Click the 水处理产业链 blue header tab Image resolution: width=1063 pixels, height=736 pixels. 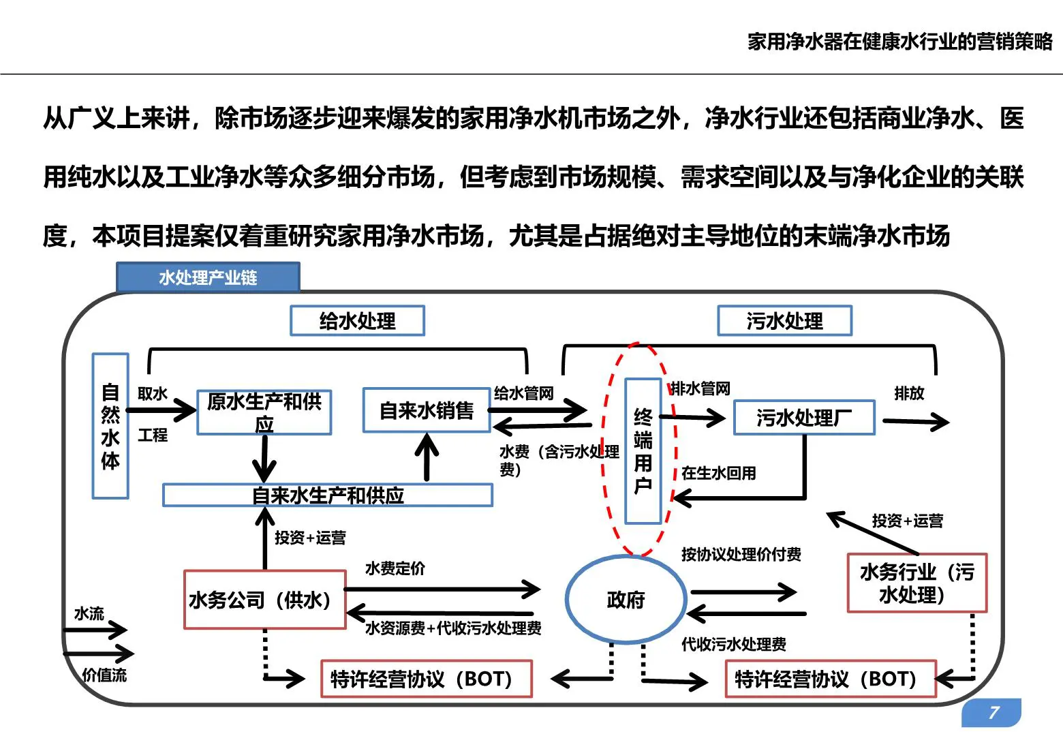click(x=208, y=277)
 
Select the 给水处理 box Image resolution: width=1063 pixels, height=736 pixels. click(x=357, y=321)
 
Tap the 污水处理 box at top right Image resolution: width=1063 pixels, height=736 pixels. click(x=784, y=321)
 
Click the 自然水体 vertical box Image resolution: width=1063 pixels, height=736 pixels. click(x=110, y=426)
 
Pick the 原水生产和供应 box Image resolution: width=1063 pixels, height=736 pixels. click(x=264, y=412)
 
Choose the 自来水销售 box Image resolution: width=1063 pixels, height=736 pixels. click(x=427, y=410)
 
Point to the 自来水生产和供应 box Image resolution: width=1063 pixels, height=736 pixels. click(x=328, y=495)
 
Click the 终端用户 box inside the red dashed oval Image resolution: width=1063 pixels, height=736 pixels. click(x=643, y=451)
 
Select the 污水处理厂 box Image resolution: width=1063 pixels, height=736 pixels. click(x=804, y=418)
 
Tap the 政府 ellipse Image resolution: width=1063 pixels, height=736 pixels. click(x=626, y=600)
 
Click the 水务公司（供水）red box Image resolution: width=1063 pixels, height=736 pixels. click(x=264, y=600)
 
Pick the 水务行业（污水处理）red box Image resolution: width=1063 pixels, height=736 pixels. click(x=916, y=583)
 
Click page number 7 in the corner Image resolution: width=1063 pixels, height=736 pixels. click(x=993, y=713)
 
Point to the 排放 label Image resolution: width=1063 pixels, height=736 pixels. click(x=909, y=393)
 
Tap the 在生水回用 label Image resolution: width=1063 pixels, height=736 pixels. click(x=719, y=473)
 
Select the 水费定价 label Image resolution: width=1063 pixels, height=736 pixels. click(x=395, y=568)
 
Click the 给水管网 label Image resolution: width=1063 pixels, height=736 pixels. click(x=523, y=393)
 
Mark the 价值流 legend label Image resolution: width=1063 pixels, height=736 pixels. click(x=104, y=675)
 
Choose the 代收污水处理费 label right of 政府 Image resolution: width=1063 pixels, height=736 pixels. click(x=734, y=645)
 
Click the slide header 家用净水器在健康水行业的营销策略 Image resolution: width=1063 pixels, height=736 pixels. click(x=899, y=42)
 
